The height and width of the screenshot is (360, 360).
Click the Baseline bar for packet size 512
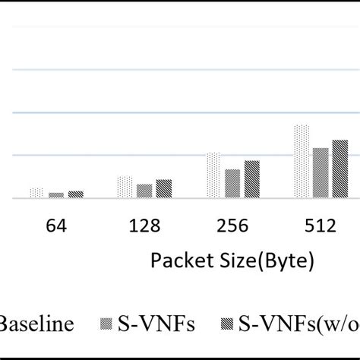point(302,162)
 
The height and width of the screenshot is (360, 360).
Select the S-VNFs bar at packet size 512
point(321,173)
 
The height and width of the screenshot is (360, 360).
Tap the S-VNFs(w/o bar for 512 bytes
point(339,169)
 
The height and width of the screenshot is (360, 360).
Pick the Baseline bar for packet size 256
point(213,175)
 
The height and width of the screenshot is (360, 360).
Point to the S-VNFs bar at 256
point(232,184)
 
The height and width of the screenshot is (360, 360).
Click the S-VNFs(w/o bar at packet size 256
point(251,179)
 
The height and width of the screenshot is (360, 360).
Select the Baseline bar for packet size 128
point(125,188)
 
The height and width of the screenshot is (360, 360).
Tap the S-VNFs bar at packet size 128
point(144,191)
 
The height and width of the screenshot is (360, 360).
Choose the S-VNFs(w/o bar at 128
point(163,189)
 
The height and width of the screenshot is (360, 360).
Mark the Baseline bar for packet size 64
point(36,194)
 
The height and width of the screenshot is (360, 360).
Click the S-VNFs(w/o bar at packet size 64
point(75,194)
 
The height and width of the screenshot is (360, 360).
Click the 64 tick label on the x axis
point(56,226)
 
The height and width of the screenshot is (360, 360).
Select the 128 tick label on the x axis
point(144,226)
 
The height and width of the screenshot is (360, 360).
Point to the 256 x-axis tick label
point(232,226)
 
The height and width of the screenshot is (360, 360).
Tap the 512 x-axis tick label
point(321,226)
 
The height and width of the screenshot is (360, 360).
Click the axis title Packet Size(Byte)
point(232,261)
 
